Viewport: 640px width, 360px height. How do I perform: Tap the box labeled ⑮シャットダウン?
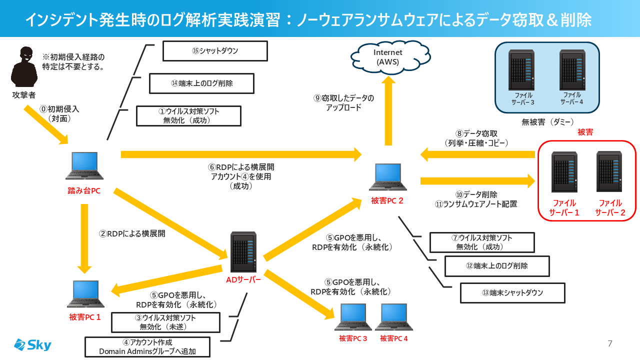tap(215, 50)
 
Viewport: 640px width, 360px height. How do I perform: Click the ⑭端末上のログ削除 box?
tap(202, 83)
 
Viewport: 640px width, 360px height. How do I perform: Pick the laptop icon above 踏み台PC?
tap(84, 165)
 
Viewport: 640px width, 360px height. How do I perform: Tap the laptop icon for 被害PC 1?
tap(84, 293)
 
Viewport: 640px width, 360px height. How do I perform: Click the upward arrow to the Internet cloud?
tap(387, 120)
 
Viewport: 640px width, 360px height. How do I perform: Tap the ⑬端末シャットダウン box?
tap(512, 293)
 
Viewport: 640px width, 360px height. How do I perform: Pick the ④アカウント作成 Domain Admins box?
tap(147, 347)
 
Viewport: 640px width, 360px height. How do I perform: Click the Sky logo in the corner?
tap(32, 344)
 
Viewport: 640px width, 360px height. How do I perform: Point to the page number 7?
tap(609, 343)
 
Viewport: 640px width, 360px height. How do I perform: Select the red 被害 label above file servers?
tap(585, 132)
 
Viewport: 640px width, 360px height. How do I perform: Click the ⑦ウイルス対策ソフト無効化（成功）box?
tap(482, 242)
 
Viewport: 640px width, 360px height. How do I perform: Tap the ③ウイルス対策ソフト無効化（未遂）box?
tap(165, 322)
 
